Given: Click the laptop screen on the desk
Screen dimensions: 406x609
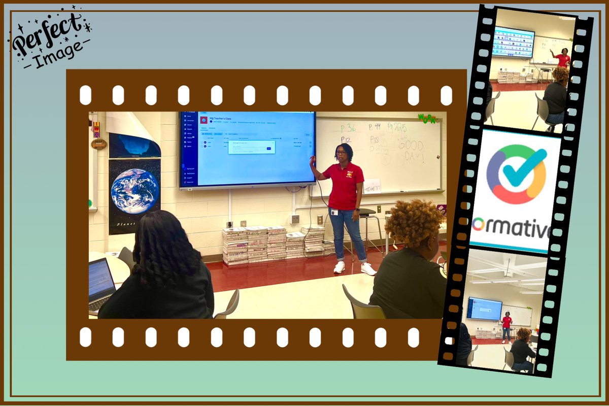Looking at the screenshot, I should click(x=101, y=280).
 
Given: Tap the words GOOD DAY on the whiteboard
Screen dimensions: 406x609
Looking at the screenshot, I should click(x=411, y=151).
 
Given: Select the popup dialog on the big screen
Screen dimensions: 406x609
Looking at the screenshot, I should click(x=251, y=147).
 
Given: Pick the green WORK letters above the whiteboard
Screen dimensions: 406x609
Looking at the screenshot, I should click(x=427, y=118).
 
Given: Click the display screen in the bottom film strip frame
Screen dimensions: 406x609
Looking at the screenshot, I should click(x=484, y=309).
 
